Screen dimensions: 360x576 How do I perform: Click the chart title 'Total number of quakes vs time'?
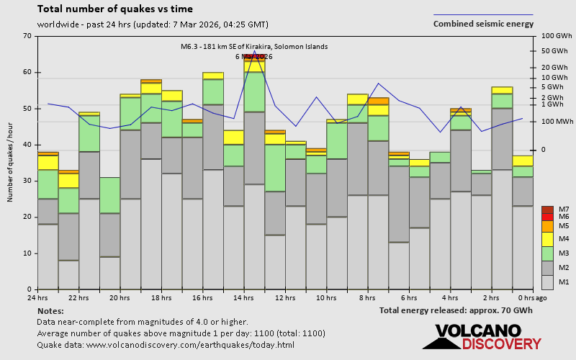coord(114,9)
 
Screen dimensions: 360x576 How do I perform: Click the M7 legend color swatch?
coord(547,210)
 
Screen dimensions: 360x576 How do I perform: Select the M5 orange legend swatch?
coord(547,226)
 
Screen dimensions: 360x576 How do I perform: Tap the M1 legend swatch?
coord(547,282)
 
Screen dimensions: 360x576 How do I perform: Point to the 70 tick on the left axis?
coord(27,36)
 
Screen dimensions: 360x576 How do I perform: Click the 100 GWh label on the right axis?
coord(555,36)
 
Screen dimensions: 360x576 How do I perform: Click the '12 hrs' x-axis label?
coord(285,297)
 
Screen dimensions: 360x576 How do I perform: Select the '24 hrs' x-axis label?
coord(37,297)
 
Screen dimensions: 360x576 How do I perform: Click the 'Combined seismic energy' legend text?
coord(483,24)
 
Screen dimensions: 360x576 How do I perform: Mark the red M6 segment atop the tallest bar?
coord(254,56)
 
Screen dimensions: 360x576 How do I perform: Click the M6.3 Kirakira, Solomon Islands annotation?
coord(253,47)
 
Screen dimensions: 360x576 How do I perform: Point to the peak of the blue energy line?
coord(254,51)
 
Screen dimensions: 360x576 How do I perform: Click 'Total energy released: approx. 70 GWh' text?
coord(456,310)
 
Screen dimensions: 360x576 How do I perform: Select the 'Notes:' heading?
coord(50,310)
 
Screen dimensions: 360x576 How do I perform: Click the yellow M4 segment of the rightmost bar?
coord(523,161)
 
